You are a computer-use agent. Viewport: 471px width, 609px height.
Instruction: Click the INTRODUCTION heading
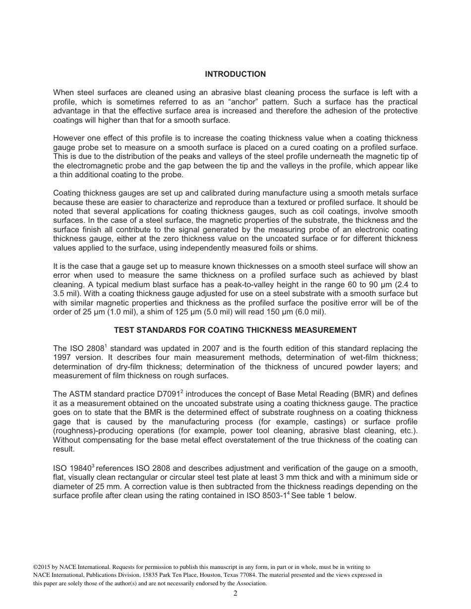tap(235, 74)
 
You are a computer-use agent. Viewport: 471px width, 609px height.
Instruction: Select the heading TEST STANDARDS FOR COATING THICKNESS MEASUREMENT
tap(235, 330)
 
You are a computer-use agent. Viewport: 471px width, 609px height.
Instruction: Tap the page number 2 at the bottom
tap(235, 594)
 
